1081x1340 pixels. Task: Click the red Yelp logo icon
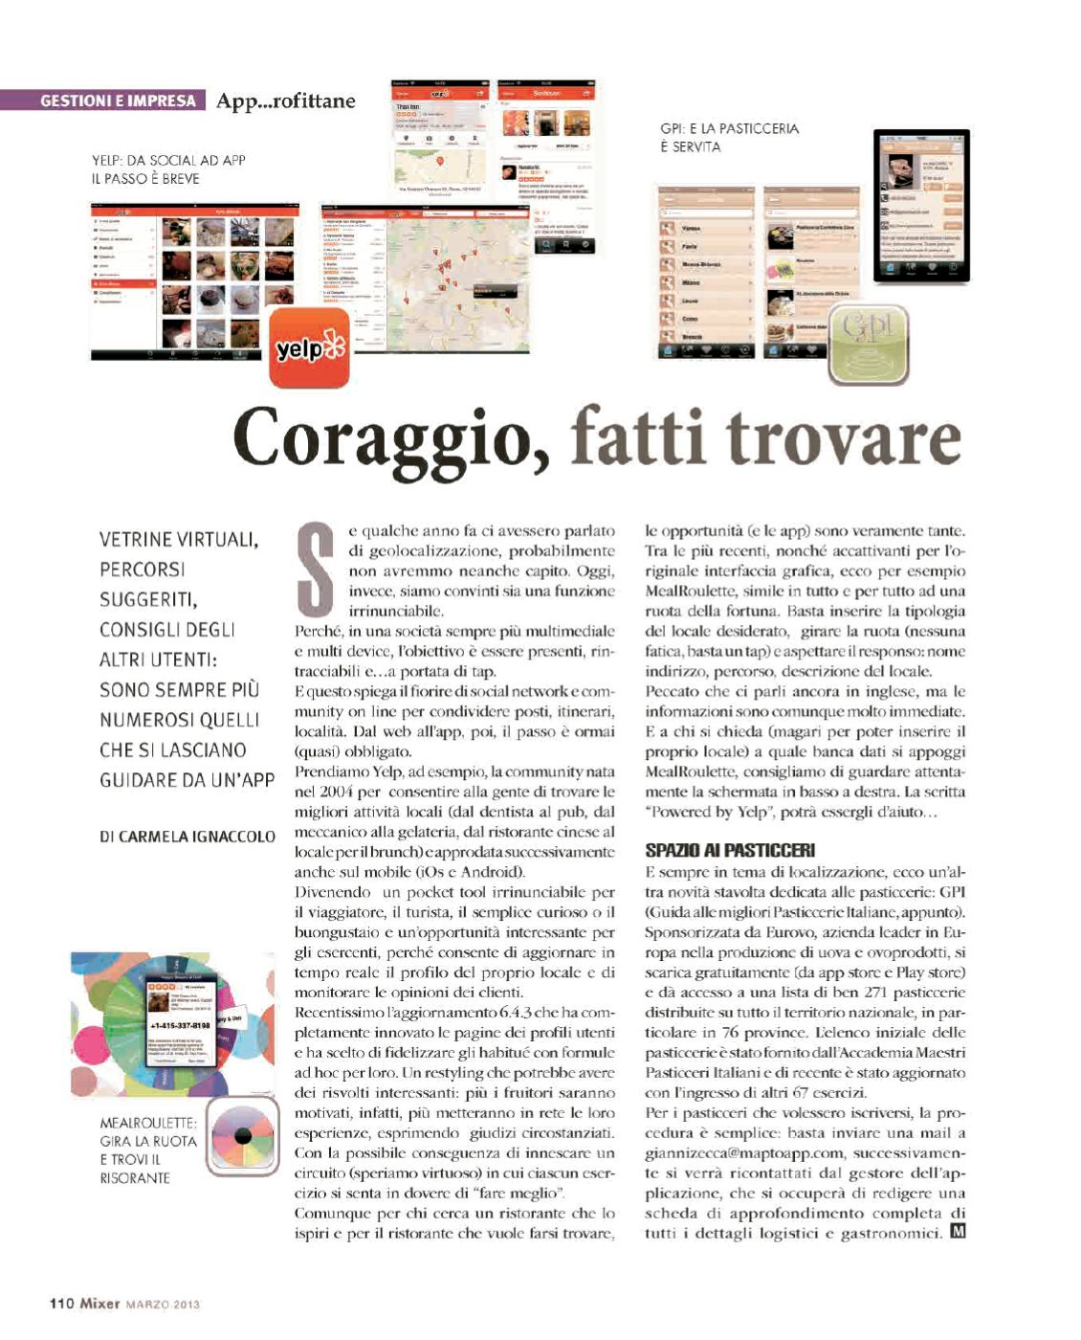[x=309, y=347]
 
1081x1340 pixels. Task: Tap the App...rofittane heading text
[x=285, y=100]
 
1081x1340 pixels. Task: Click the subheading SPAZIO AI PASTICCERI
[x=730, y=850]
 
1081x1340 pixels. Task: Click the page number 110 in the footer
[x=61, y=1303]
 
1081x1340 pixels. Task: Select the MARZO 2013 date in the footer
[x=164, y=1304]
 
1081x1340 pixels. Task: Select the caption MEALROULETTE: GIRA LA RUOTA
[x=148, y=1131]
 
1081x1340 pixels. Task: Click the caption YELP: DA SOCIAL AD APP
[x=168, y=161]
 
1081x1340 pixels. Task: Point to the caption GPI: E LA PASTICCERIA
[x=729, y=128]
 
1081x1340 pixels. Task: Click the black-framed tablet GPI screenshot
[x=921, y=206]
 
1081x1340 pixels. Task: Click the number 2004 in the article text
[x=337, y=792]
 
